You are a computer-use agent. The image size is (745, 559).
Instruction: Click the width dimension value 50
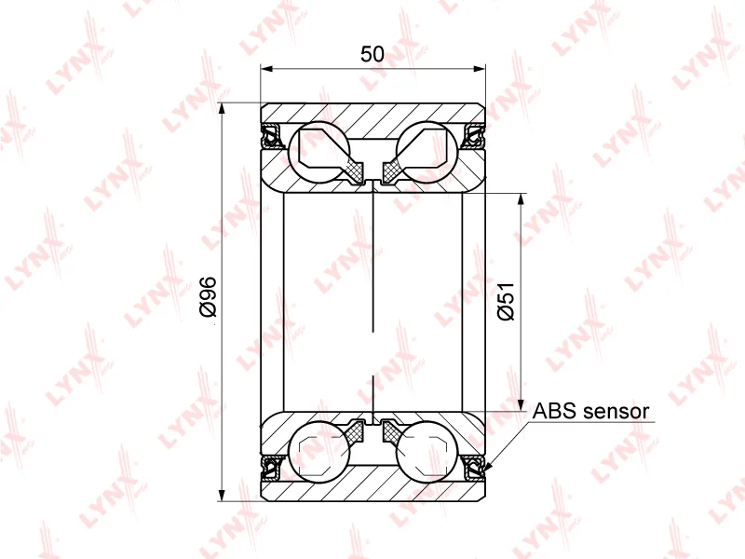pos(372,54)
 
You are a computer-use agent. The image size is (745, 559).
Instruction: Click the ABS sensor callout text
pos(590,410)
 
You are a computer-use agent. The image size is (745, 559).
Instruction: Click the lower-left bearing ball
pos(319,451)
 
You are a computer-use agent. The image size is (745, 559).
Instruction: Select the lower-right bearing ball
pos(427,451)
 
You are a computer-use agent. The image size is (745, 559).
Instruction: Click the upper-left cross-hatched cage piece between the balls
pos(355,169)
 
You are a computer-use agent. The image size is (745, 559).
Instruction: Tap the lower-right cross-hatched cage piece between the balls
pos(392,431)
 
